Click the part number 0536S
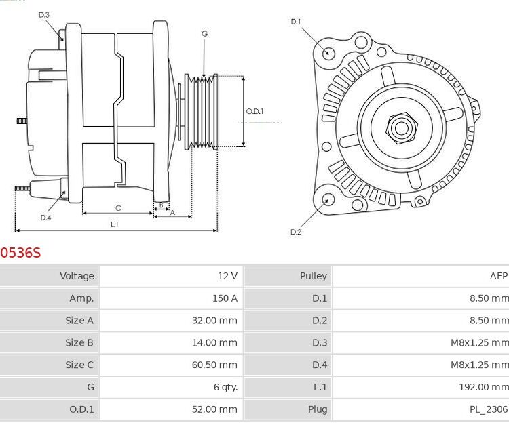(20, 253)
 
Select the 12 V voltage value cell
(227, 276)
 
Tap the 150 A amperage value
(225, 298)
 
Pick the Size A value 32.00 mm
(214, 321)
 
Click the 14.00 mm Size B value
(214, 343)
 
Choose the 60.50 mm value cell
(214, 365)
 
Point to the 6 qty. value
(225, 387)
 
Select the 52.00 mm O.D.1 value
(214, 409)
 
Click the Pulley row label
(313, 276)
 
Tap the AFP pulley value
(498, 276)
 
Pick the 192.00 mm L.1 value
(484, 387)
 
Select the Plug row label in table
(318, 409)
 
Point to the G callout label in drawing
(204, 33)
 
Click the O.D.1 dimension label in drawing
(254, 111)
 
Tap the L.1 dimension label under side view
(115, 224)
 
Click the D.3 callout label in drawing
(43, 14)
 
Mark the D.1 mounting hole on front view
(328, 54)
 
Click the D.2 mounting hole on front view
(328, 199)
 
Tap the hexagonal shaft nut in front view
(400, 126)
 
